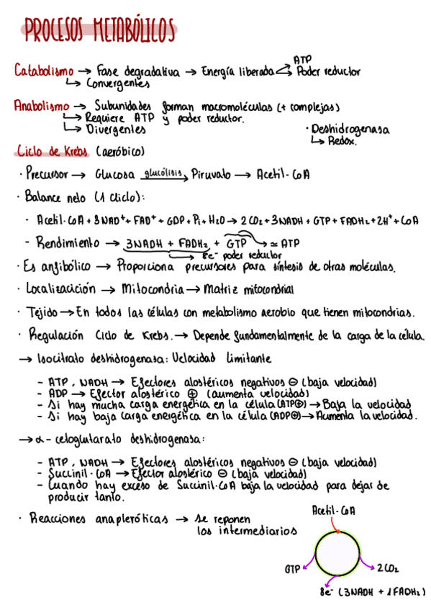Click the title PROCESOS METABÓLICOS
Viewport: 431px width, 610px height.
pyautogui.click(x=99, y=32)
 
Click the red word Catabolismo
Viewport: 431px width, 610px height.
pyautogui.click(x=43, y=71)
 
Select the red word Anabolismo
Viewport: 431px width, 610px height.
pyautogui.click(x=41, y=106)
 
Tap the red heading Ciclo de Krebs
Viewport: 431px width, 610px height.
pyautogui.click(x=53, y=152)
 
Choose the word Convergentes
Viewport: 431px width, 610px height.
pyautogui.click(x=119, y=83)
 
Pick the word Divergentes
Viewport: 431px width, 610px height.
pyautogui.click(x=115, y=129)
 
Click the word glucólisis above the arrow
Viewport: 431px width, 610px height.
pyautogui.click(x=163, y=173)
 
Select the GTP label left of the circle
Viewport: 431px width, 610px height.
pyautogui.click(x=291, y=568)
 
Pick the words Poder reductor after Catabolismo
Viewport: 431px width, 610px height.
pyautogui.click(x=328, y=71)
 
